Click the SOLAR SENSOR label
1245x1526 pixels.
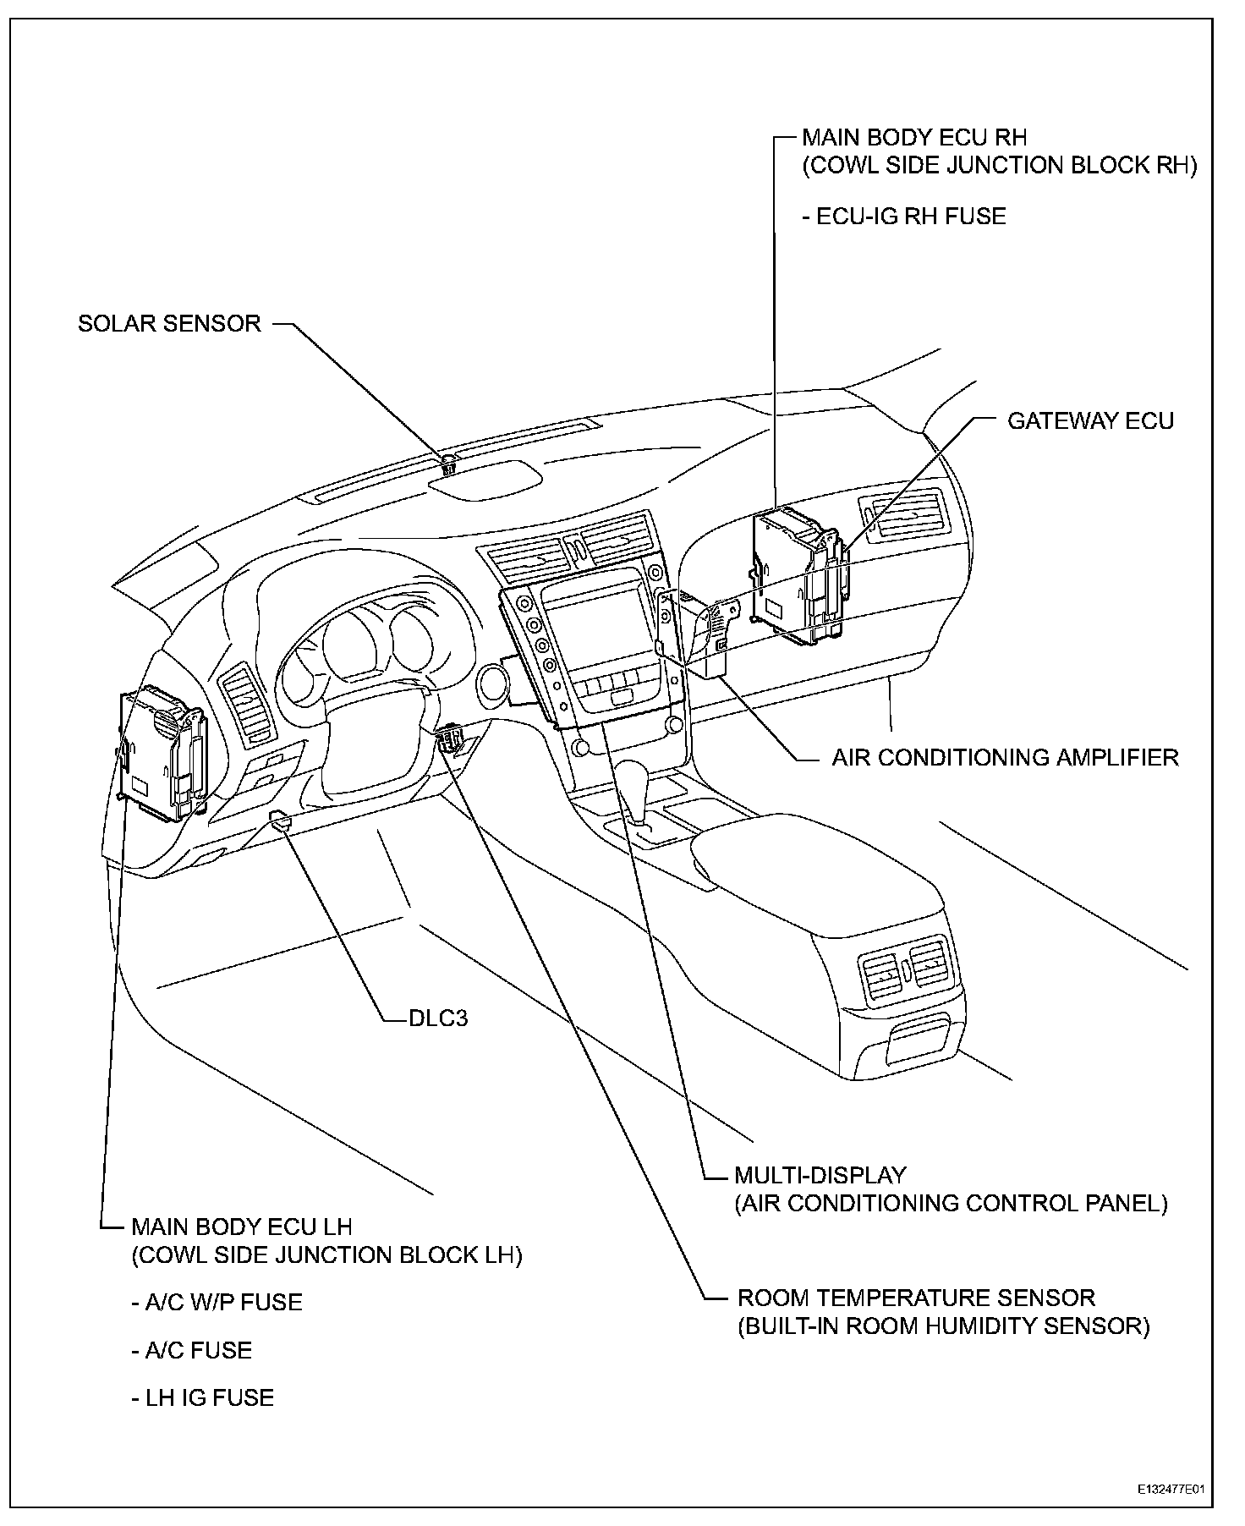pyautogui.click(x=169, y=324)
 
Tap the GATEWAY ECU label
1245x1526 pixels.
pyautogui.click(x=1090, y=421)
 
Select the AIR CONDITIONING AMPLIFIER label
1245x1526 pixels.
pyautogui.click(x=1005, y=757)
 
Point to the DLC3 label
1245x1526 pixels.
pyautogui.click(x=438, y=1018)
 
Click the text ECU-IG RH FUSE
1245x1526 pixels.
pyautogui.click(x=904, y=217)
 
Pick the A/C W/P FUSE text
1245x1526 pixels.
pyautogui.click(x=217, y=1302)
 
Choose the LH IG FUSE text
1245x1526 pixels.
pyautogui.click(x=203, y=1397)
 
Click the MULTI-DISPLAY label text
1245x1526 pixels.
pyautogui.click(x=820, y=1175)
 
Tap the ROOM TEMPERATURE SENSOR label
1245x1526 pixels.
pyautogui.click(x=916, y=1298)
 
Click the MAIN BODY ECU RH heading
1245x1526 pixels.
pyautogui.click(x=914, y=137)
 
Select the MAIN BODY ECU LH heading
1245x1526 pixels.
pyautogui.click(x=242, y=1227)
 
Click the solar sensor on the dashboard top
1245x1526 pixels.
pyautogui.click(x=448, y=463)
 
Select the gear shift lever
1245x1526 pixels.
pyautogui.click(x=633, y=782)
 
